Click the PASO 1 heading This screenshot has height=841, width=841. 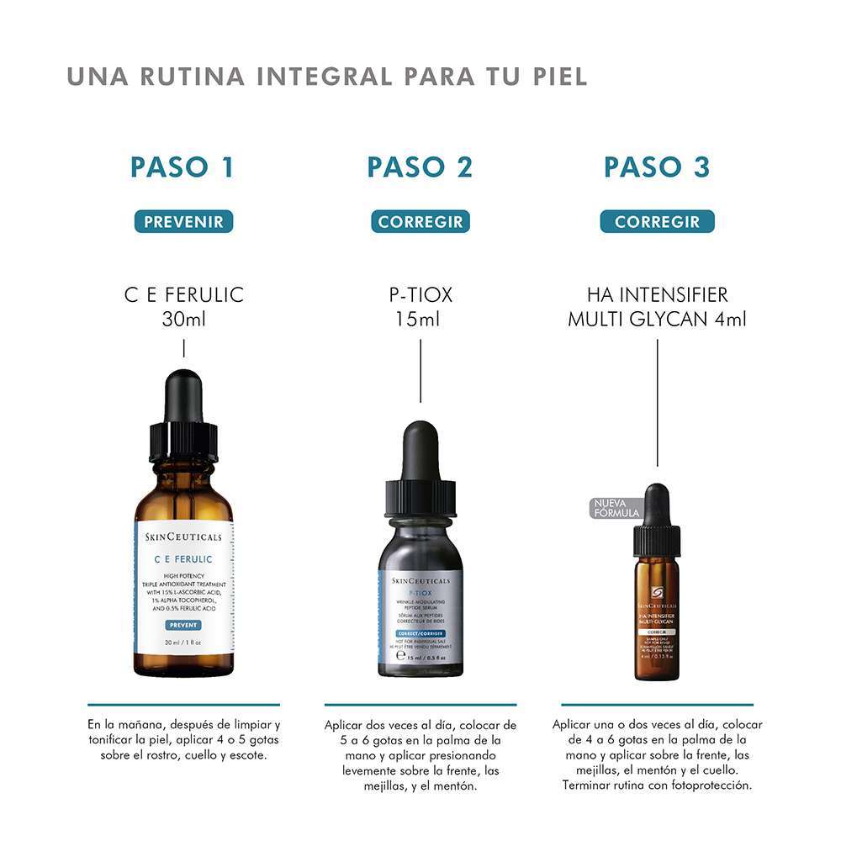click(x=182, y=167)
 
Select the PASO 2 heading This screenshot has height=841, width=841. click(x=420, y=167)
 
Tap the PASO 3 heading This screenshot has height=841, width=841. click(x=657, y=167)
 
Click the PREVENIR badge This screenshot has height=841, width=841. click(x=183, y=222)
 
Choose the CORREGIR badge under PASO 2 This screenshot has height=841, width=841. click(x=420, y=222)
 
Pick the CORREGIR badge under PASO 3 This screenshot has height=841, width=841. click(x=657, y=222)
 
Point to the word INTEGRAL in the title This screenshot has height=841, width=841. click(x=323, y=76)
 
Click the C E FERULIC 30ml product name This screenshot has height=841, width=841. click(x=183, y=307)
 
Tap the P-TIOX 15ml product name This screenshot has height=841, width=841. click(x=420, y=307)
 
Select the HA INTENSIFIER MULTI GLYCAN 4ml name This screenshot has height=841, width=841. click(x=657, y=307)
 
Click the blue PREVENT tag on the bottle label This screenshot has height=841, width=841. click(x=183, y=625)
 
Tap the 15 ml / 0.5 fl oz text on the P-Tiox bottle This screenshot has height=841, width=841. click(x=420, y=658)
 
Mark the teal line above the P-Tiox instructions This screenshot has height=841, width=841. click(x=420, y=704)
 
